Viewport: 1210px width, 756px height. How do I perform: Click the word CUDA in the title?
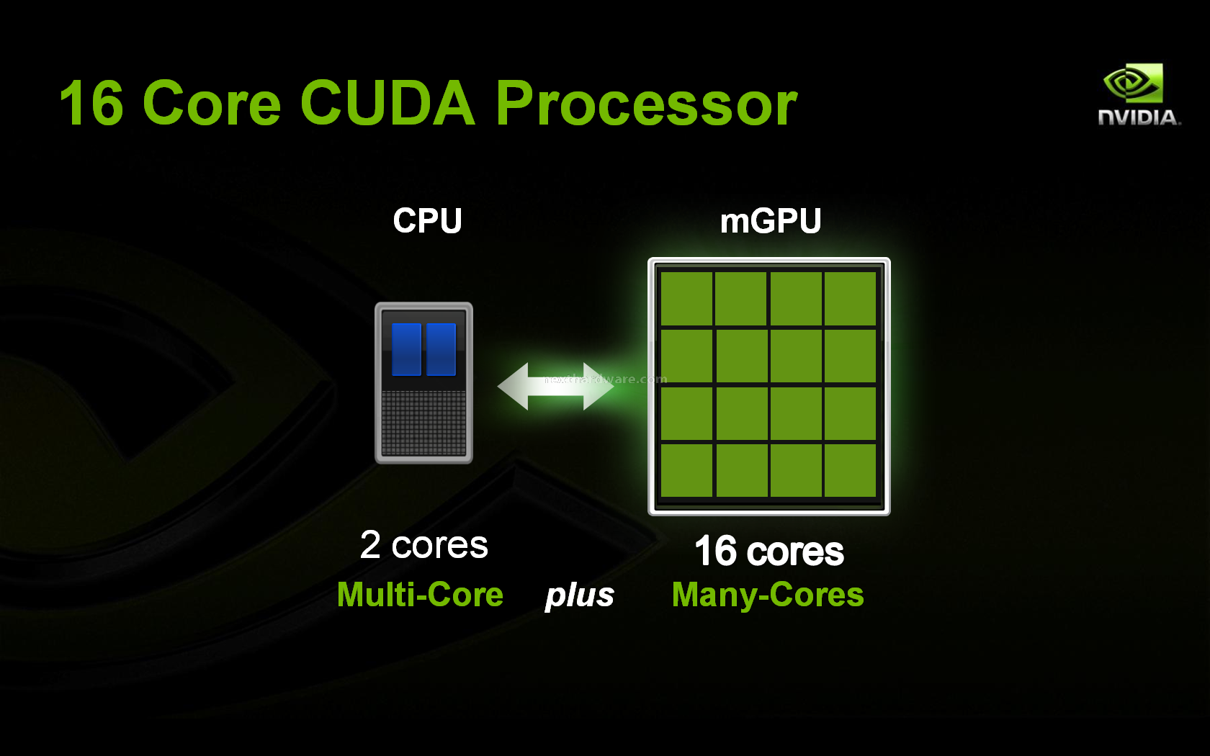coord(387,102)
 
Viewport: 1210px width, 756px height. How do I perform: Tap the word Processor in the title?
coord(647,102)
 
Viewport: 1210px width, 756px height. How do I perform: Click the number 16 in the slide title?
coord(92,102)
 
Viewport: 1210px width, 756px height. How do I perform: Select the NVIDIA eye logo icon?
coord(1134,83)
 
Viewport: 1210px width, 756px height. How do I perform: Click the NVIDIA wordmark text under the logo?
coord(1139,117)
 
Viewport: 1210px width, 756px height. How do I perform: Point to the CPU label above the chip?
coord(427,220)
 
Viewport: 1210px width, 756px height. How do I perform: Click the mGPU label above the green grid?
coord(771,221)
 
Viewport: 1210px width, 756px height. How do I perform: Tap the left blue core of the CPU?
coord(406,348)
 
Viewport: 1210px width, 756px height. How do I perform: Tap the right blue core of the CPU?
coord(441,348)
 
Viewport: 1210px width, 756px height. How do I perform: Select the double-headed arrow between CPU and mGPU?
coord(556,387)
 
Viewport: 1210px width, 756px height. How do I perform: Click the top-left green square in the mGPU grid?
coord(686,299)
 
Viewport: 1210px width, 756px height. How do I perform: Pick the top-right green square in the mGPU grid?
coord(850,299)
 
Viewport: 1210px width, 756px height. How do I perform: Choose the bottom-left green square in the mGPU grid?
coord(686,469)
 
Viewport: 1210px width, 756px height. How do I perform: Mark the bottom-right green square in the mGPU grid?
coord(850,469)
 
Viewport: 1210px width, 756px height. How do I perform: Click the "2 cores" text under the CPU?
coord(424,545)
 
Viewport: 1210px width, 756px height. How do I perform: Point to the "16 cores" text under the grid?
coord(769,551)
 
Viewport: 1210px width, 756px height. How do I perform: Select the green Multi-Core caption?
coord(421,595)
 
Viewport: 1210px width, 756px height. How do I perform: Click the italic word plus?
coord(580,596)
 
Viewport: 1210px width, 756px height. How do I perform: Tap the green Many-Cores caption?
coord(768,595)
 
